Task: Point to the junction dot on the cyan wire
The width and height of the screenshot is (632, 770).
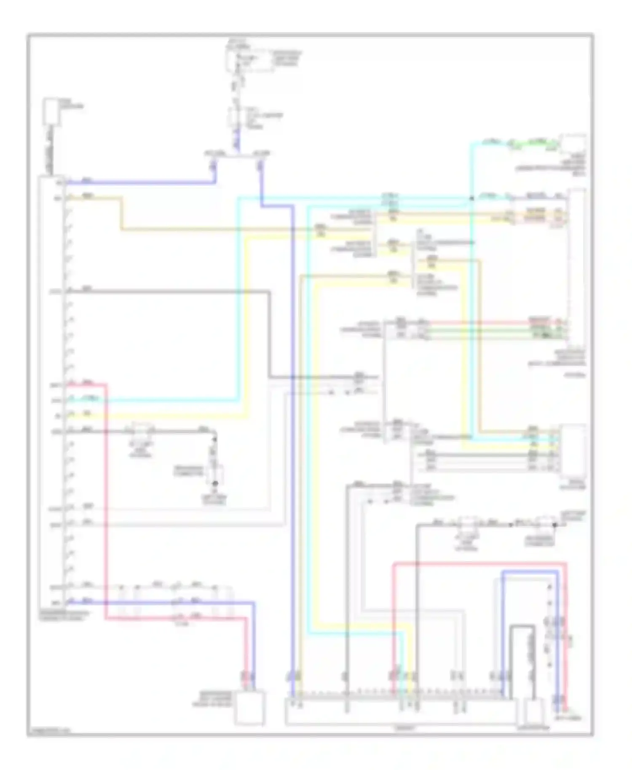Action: point(471,198)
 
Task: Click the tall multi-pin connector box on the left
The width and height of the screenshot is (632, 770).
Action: point(51,392)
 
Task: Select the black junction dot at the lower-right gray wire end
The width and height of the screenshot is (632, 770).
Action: point(554,525)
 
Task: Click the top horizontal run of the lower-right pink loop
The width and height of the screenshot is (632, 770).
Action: point(480,563)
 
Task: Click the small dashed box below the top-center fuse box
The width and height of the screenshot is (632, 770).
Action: point(237,118)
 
